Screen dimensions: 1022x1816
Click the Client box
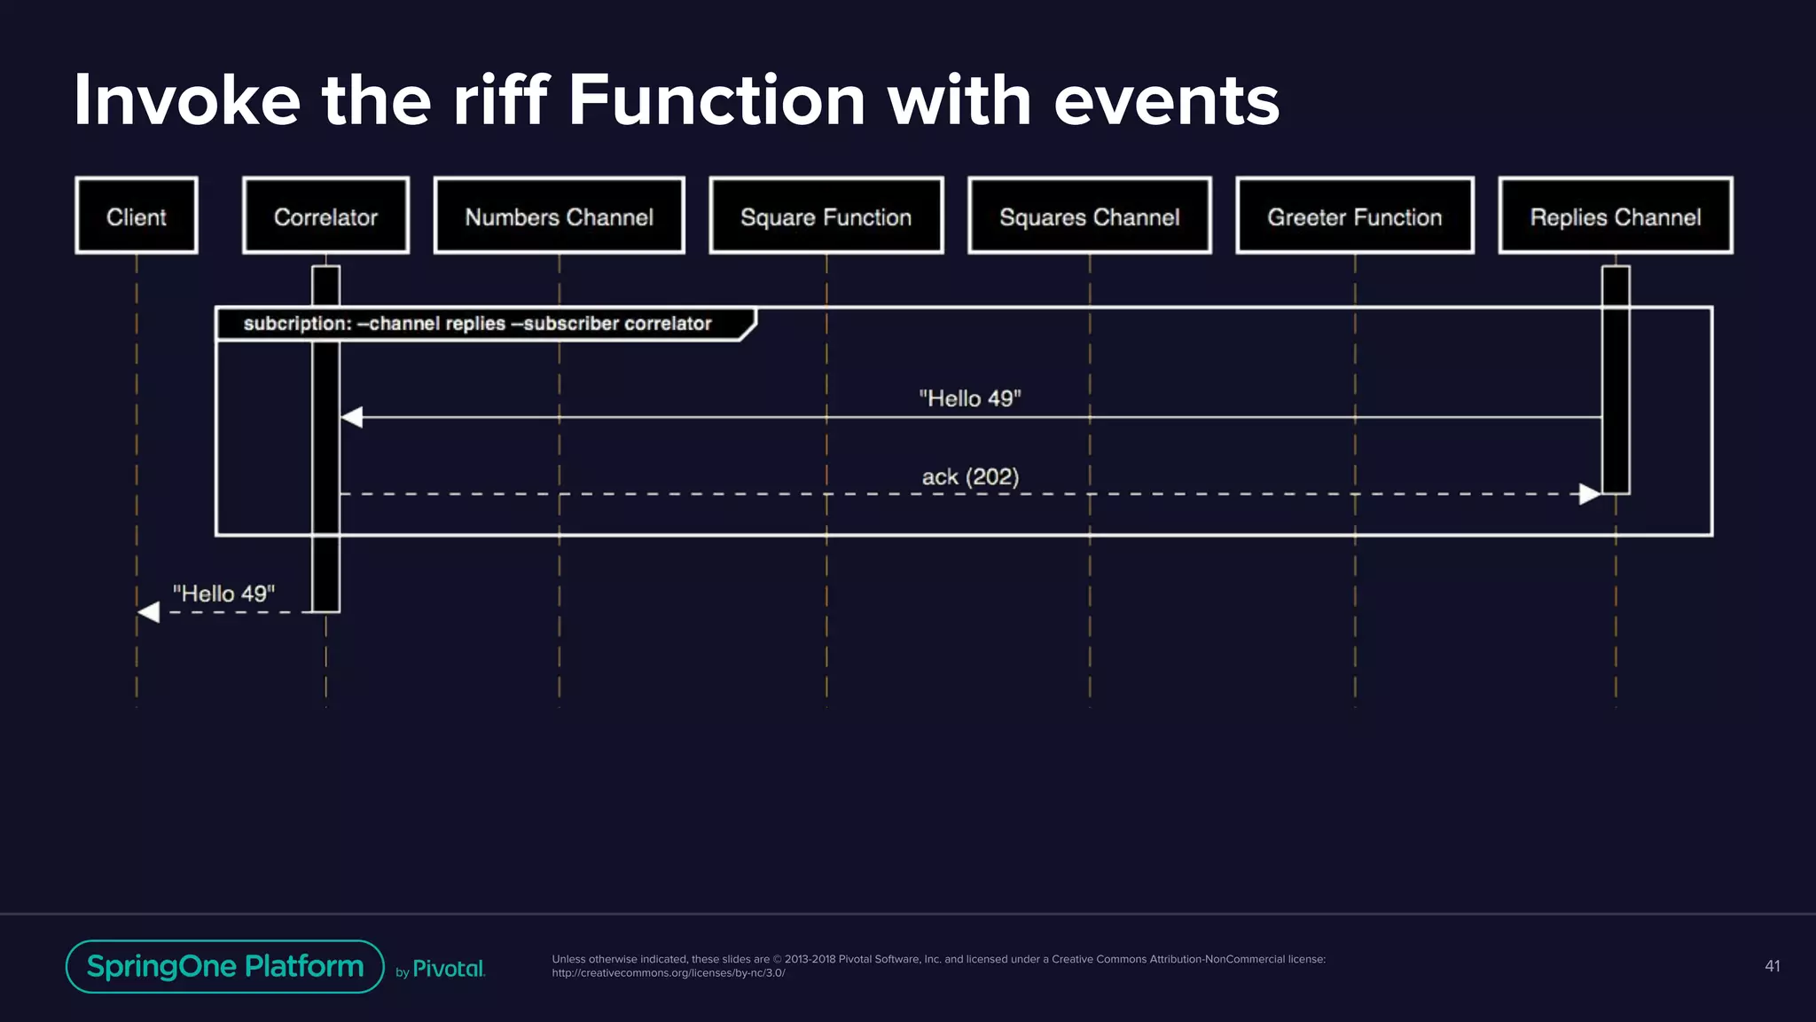coord(137,216)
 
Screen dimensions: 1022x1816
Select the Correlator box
coord(325,216)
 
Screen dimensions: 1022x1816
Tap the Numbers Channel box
coord(559,216)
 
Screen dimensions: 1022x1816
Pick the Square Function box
coord(826,216)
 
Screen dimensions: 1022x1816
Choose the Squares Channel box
coord(1089,216)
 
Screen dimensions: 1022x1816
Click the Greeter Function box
coord(1354,216)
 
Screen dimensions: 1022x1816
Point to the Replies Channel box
coord(1615,216)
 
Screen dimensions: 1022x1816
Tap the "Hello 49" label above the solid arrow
coord(970,398)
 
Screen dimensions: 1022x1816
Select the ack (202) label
coord(970,477)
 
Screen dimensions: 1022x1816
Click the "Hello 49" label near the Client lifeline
coord(223,594)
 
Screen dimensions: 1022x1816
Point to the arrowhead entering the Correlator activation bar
coord(352,417)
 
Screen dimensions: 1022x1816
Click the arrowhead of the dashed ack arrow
coord(1589,494)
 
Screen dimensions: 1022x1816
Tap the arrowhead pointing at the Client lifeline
coord(149,611)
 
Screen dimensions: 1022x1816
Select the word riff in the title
coord(500,100)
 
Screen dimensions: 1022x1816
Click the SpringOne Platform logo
coord(225,966)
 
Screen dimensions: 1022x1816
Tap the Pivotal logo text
coord(449,969)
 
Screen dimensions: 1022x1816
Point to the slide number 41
coord(1772,966)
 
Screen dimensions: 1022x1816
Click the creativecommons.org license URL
coord(669,973)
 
